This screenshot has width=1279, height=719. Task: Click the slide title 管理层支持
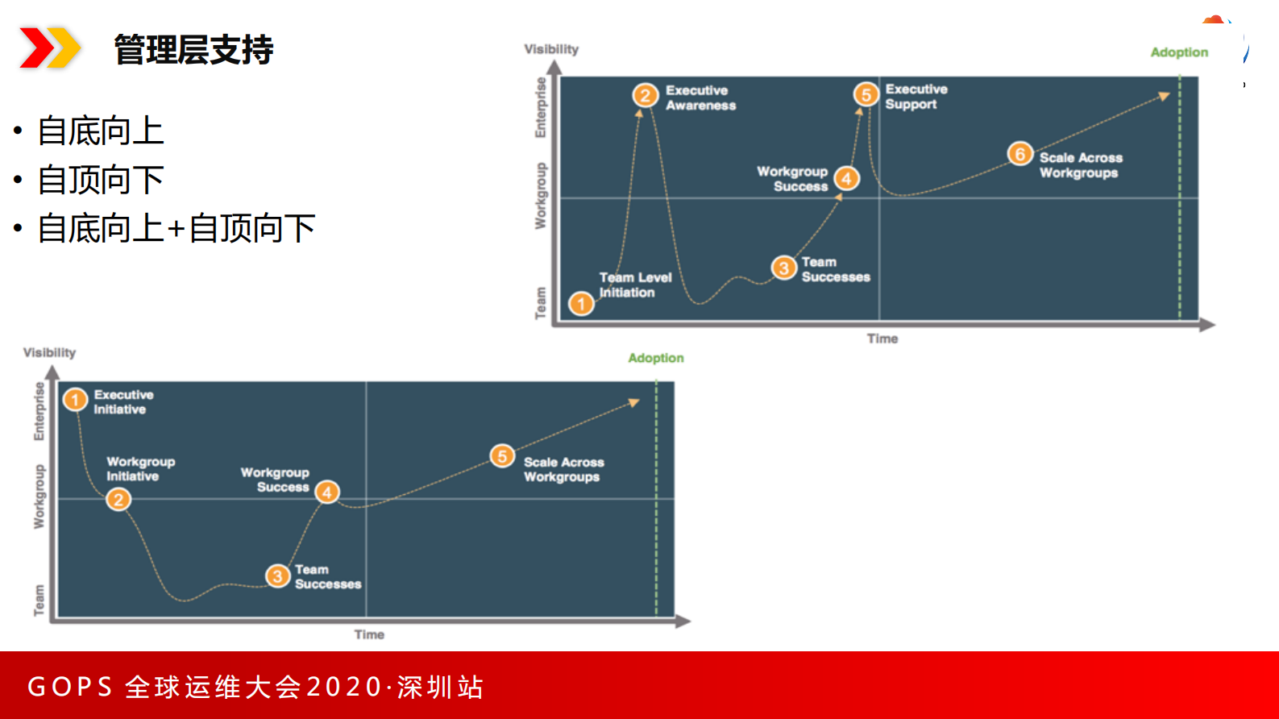[193, 50]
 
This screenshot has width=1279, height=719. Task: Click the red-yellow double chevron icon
[49, 48]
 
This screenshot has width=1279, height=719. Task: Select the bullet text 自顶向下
[101, 180]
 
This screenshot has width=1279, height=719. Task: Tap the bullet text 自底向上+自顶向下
[176, 229]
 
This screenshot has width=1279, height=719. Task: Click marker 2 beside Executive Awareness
[645, 96]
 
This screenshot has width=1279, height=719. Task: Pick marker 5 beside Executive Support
[866, 94]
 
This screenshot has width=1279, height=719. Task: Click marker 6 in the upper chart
[1019, 153]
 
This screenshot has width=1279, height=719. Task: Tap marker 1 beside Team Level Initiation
[581, 304]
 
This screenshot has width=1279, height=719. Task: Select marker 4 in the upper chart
[846, 178]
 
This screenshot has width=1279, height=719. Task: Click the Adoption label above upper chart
[1178, 52]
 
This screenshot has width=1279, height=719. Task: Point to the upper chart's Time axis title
[882, 339]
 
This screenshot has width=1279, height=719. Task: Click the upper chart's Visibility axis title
[551, 49]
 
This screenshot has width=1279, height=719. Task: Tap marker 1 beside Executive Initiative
[75, 400]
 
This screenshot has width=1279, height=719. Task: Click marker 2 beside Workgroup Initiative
[118, 500]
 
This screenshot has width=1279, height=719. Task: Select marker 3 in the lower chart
[277, 576]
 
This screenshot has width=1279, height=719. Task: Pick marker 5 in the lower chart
[502, 456]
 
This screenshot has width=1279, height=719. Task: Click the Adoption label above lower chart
[655, 358]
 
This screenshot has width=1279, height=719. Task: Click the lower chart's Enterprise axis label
[39, 411]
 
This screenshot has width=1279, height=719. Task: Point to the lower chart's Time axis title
[369, 634]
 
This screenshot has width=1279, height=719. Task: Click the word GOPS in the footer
[70, 687]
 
